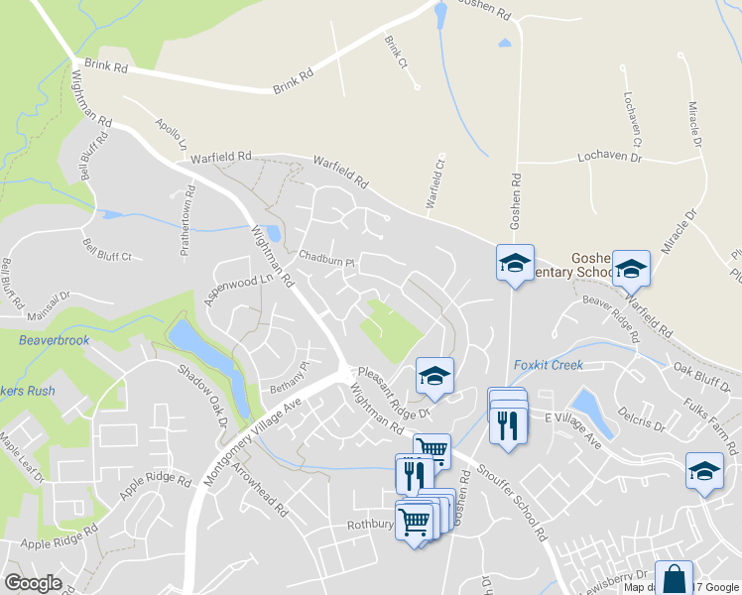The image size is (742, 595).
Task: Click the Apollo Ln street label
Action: (x=171, y=135)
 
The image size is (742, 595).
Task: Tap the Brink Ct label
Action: (x=396, y=53)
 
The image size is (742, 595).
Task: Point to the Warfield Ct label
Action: (x=435, y=184)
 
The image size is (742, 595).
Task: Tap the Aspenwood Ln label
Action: (x=238, y=288)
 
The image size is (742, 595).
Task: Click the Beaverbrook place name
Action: (x=54, y=340)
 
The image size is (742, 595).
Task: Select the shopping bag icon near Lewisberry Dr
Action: (x=674, y=579)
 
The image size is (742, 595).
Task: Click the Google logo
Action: (x=34, y=583)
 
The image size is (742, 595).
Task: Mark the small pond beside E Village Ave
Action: (x=586, y=405)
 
